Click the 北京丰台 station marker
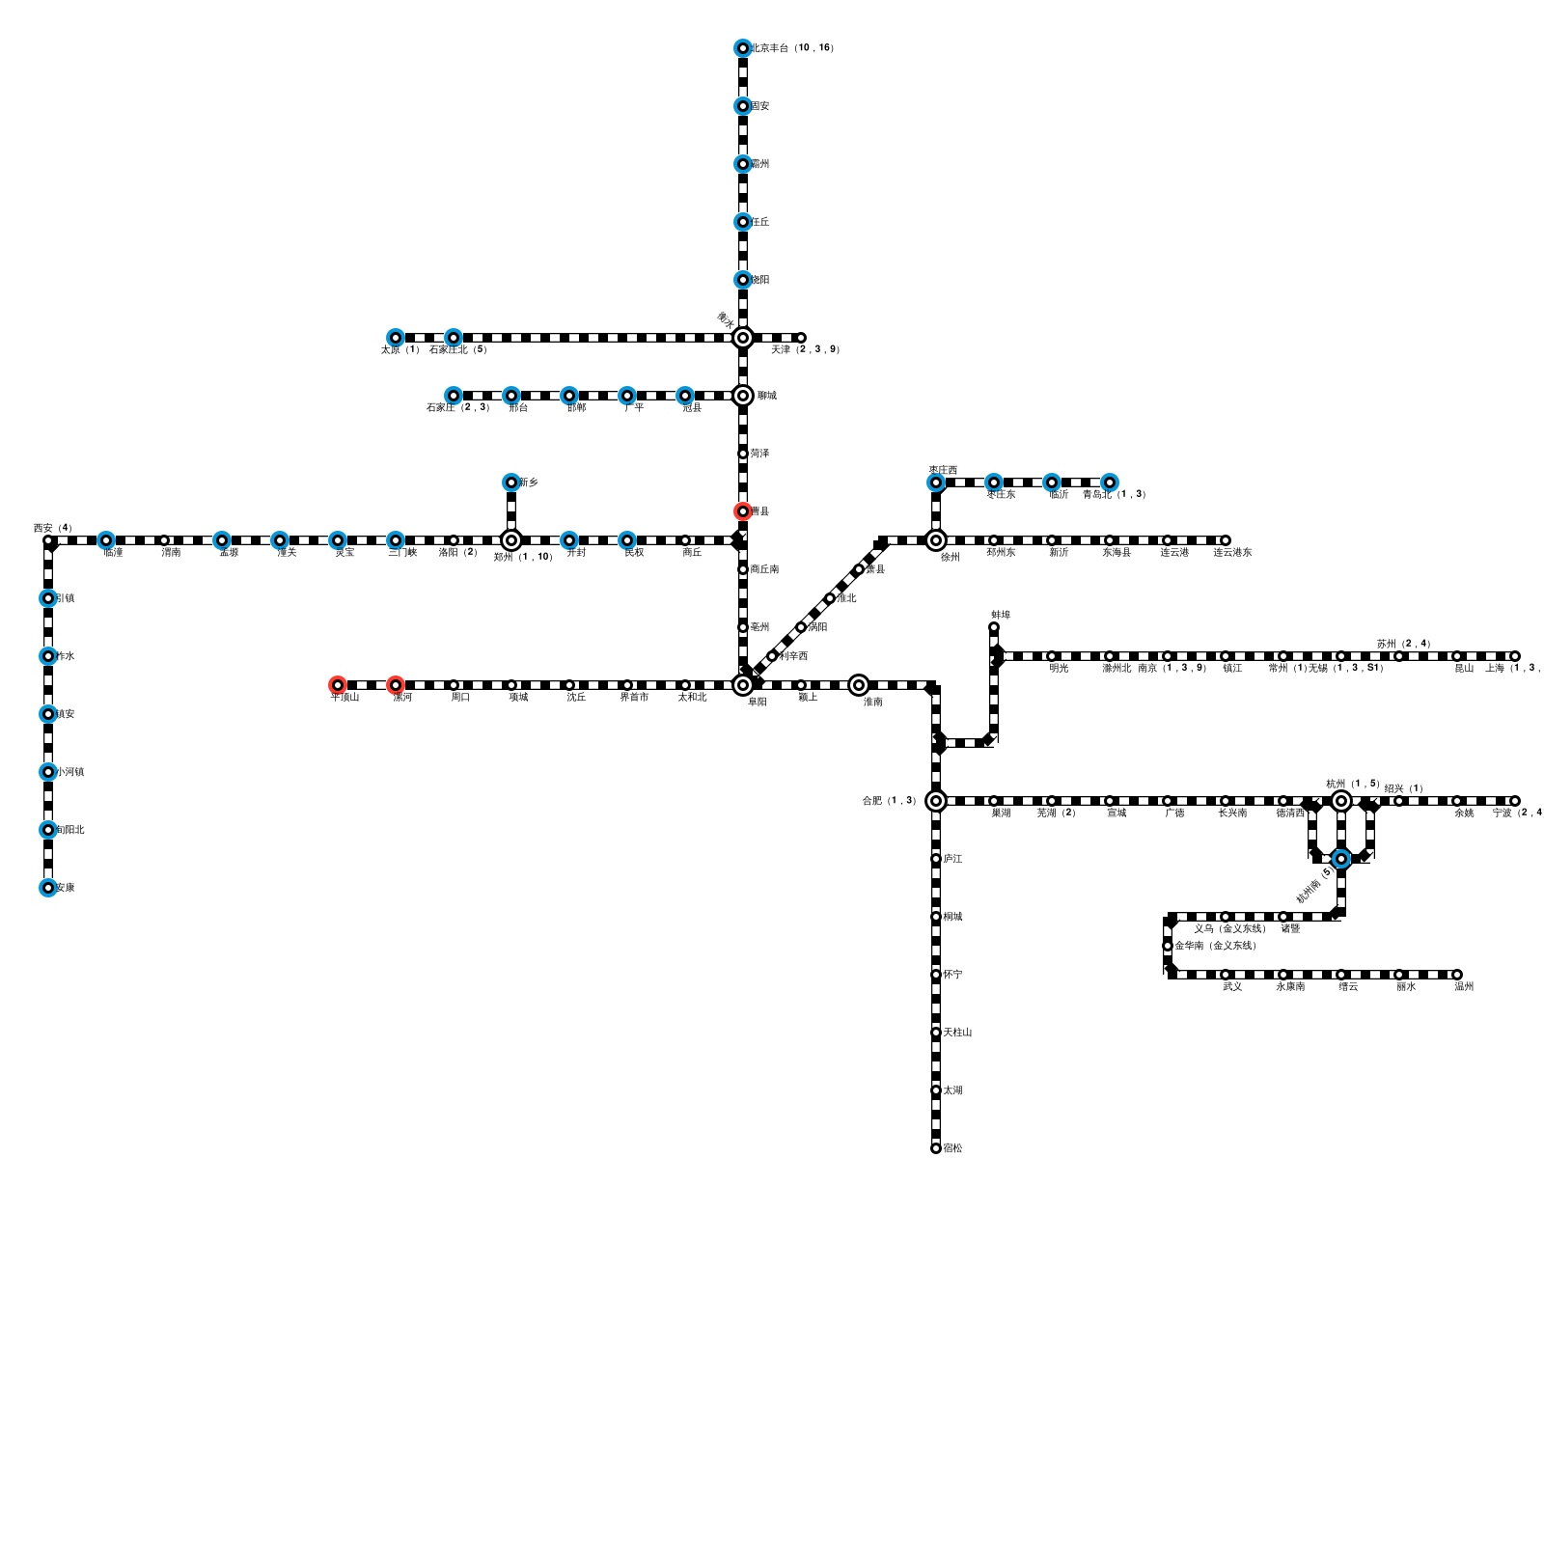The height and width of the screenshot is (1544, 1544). [x=742, y=48]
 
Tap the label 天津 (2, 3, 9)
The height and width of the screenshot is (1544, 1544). [x=805, y=349]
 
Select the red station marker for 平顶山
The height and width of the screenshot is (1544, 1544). [x=337, y=685]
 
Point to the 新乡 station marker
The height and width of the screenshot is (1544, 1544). [x=510, y=482]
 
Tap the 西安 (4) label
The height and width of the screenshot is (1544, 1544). [x=52, y=528]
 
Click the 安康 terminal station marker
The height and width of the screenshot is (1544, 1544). [x=47, y=888]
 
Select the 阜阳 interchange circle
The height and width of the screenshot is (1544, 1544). [x=742, y=685]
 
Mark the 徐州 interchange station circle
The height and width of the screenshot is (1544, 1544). [x=935, y=540]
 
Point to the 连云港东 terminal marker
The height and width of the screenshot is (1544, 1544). [x=1226, y=540]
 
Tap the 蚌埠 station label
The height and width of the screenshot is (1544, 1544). [x=1001, y=615]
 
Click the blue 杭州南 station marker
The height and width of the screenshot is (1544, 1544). [x=1340, y=859]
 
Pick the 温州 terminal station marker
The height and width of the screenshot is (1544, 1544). [x=1457, y=975]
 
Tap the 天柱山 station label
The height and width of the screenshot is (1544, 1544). [x=957, y=1033]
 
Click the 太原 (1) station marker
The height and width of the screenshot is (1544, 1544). [x=395, y=338]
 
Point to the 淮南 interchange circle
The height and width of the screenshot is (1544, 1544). [x=858, y=685]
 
